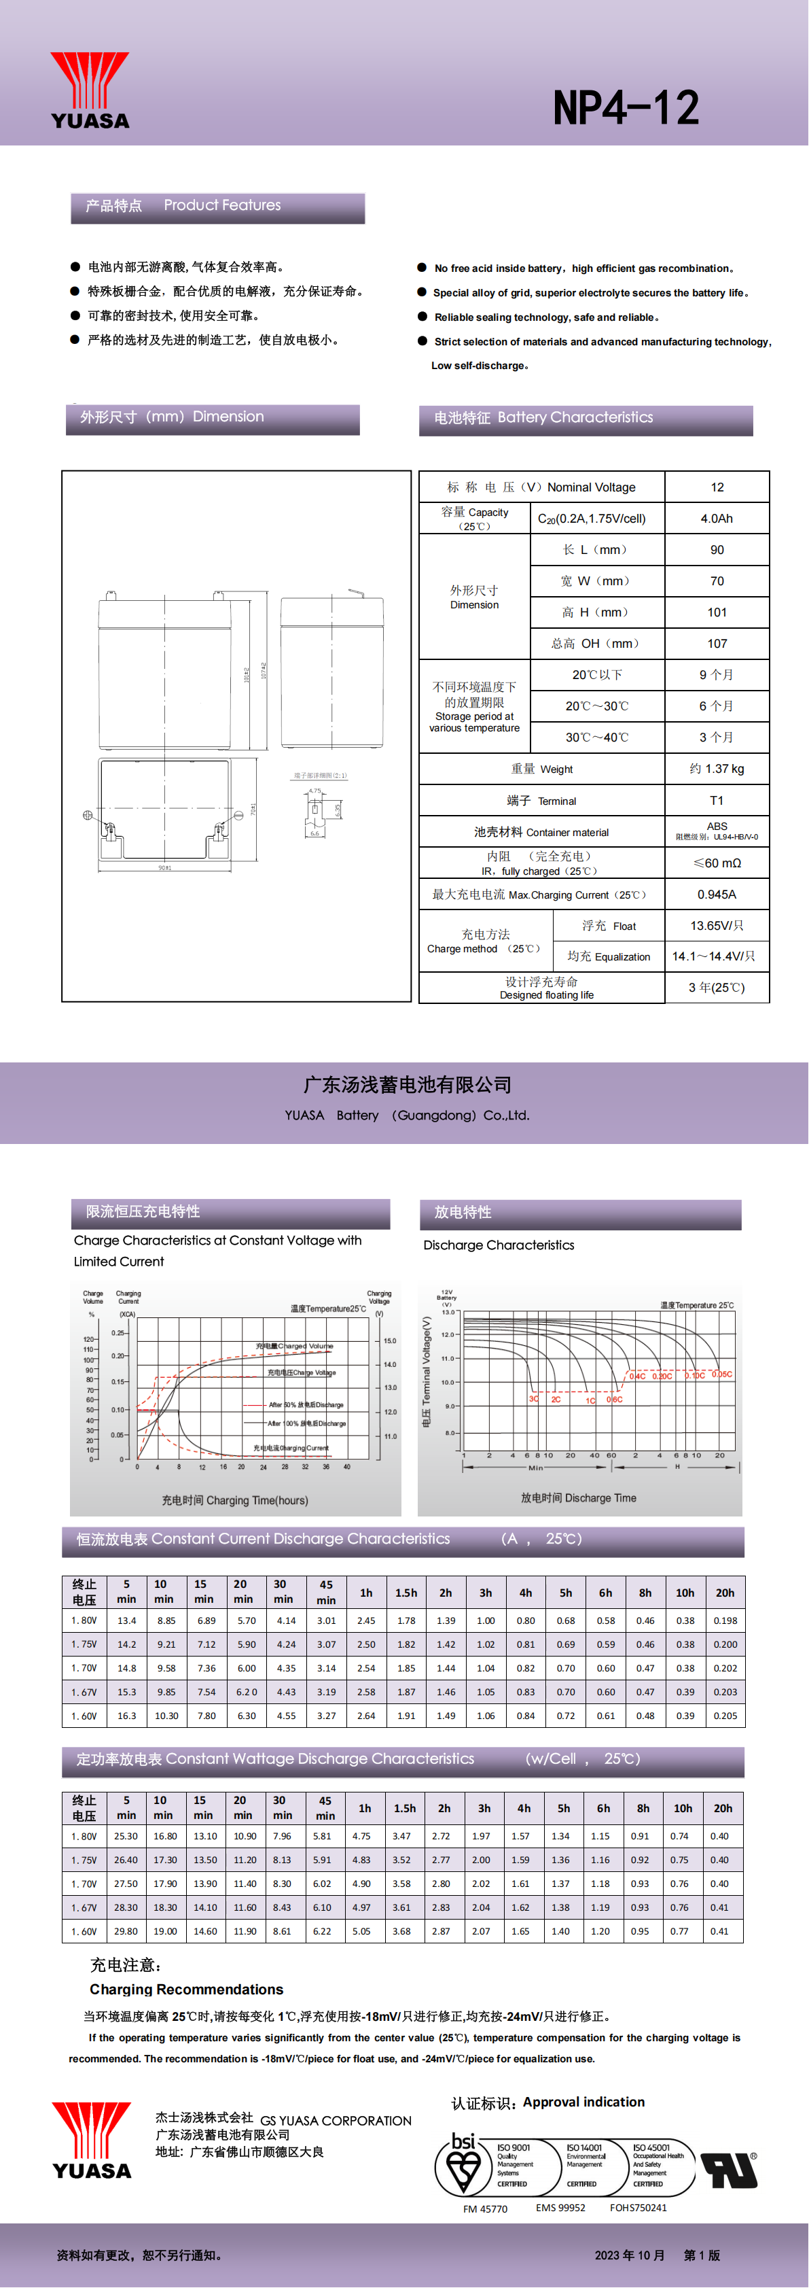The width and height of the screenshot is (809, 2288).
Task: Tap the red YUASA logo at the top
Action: (90, 90)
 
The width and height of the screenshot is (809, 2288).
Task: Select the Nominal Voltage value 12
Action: (717, 487)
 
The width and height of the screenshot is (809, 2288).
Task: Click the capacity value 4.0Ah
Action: (717, 519)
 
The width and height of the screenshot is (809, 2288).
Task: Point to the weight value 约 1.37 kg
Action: (717, 768)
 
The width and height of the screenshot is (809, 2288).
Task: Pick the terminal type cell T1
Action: (717, 800)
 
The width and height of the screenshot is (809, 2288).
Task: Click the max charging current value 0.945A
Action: (717, 895)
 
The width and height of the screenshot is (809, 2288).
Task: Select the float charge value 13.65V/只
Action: (717, 926)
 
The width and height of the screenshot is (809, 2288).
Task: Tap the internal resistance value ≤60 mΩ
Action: (717, 863)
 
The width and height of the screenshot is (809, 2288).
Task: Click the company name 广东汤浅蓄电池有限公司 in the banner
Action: (408, 1084)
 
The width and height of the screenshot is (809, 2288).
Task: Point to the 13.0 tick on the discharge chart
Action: (448, 1312)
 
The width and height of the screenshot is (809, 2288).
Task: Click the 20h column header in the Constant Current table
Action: (725, 1593)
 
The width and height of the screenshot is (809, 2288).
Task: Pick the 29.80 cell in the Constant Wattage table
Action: (126, 1931)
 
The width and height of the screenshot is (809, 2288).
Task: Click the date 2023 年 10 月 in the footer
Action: (630, 2254)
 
